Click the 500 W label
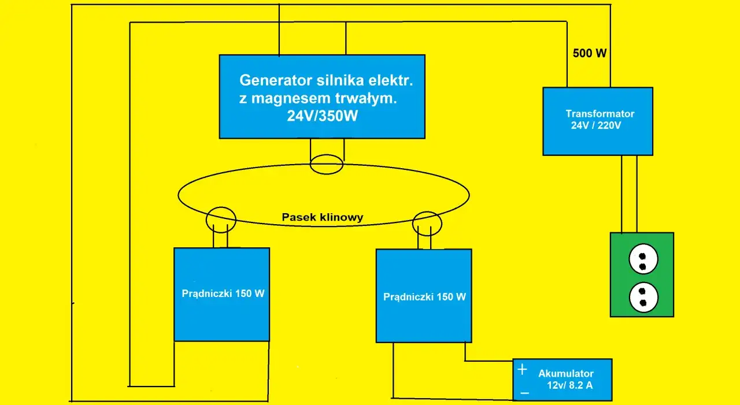pos(590,54)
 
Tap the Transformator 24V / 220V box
pos(598,139)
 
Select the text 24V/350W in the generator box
pos(323,116)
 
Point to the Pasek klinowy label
pos(323,217)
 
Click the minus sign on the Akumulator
pos(524,393)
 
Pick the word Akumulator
pos(565,374)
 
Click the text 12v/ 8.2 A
pos(569,386)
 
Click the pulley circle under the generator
pos(327,164)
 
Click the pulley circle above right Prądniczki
pos(427,224)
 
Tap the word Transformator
pos(600,114)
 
